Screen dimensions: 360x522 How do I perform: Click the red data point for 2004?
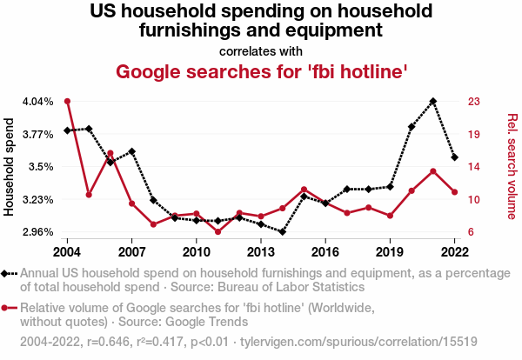coord(67,101)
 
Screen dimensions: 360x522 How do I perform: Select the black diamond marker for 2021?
coord(433,101)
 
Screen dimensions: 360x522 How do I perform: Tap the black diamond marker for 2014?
coord(283,232)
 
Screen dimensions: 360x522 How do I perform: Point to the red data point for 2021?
coord(433,170)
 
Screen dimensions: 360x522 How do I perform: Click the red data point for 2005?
coord(89,194)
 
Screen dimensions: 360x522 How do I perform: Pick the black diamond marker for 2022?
coord(454,157)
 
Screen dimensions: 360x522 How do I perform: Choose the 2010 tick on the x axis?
coord(196,252)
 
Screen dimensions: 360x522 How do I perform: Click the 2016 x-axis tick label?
coord(325,252)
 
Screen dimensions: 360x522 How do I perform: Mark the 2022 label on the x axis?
coord(454,252)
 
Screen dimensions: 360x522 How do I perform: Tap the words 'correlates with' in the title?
coord(261,50)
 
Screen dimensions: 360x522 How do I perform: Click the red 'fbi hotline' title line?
coord(261,71)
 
